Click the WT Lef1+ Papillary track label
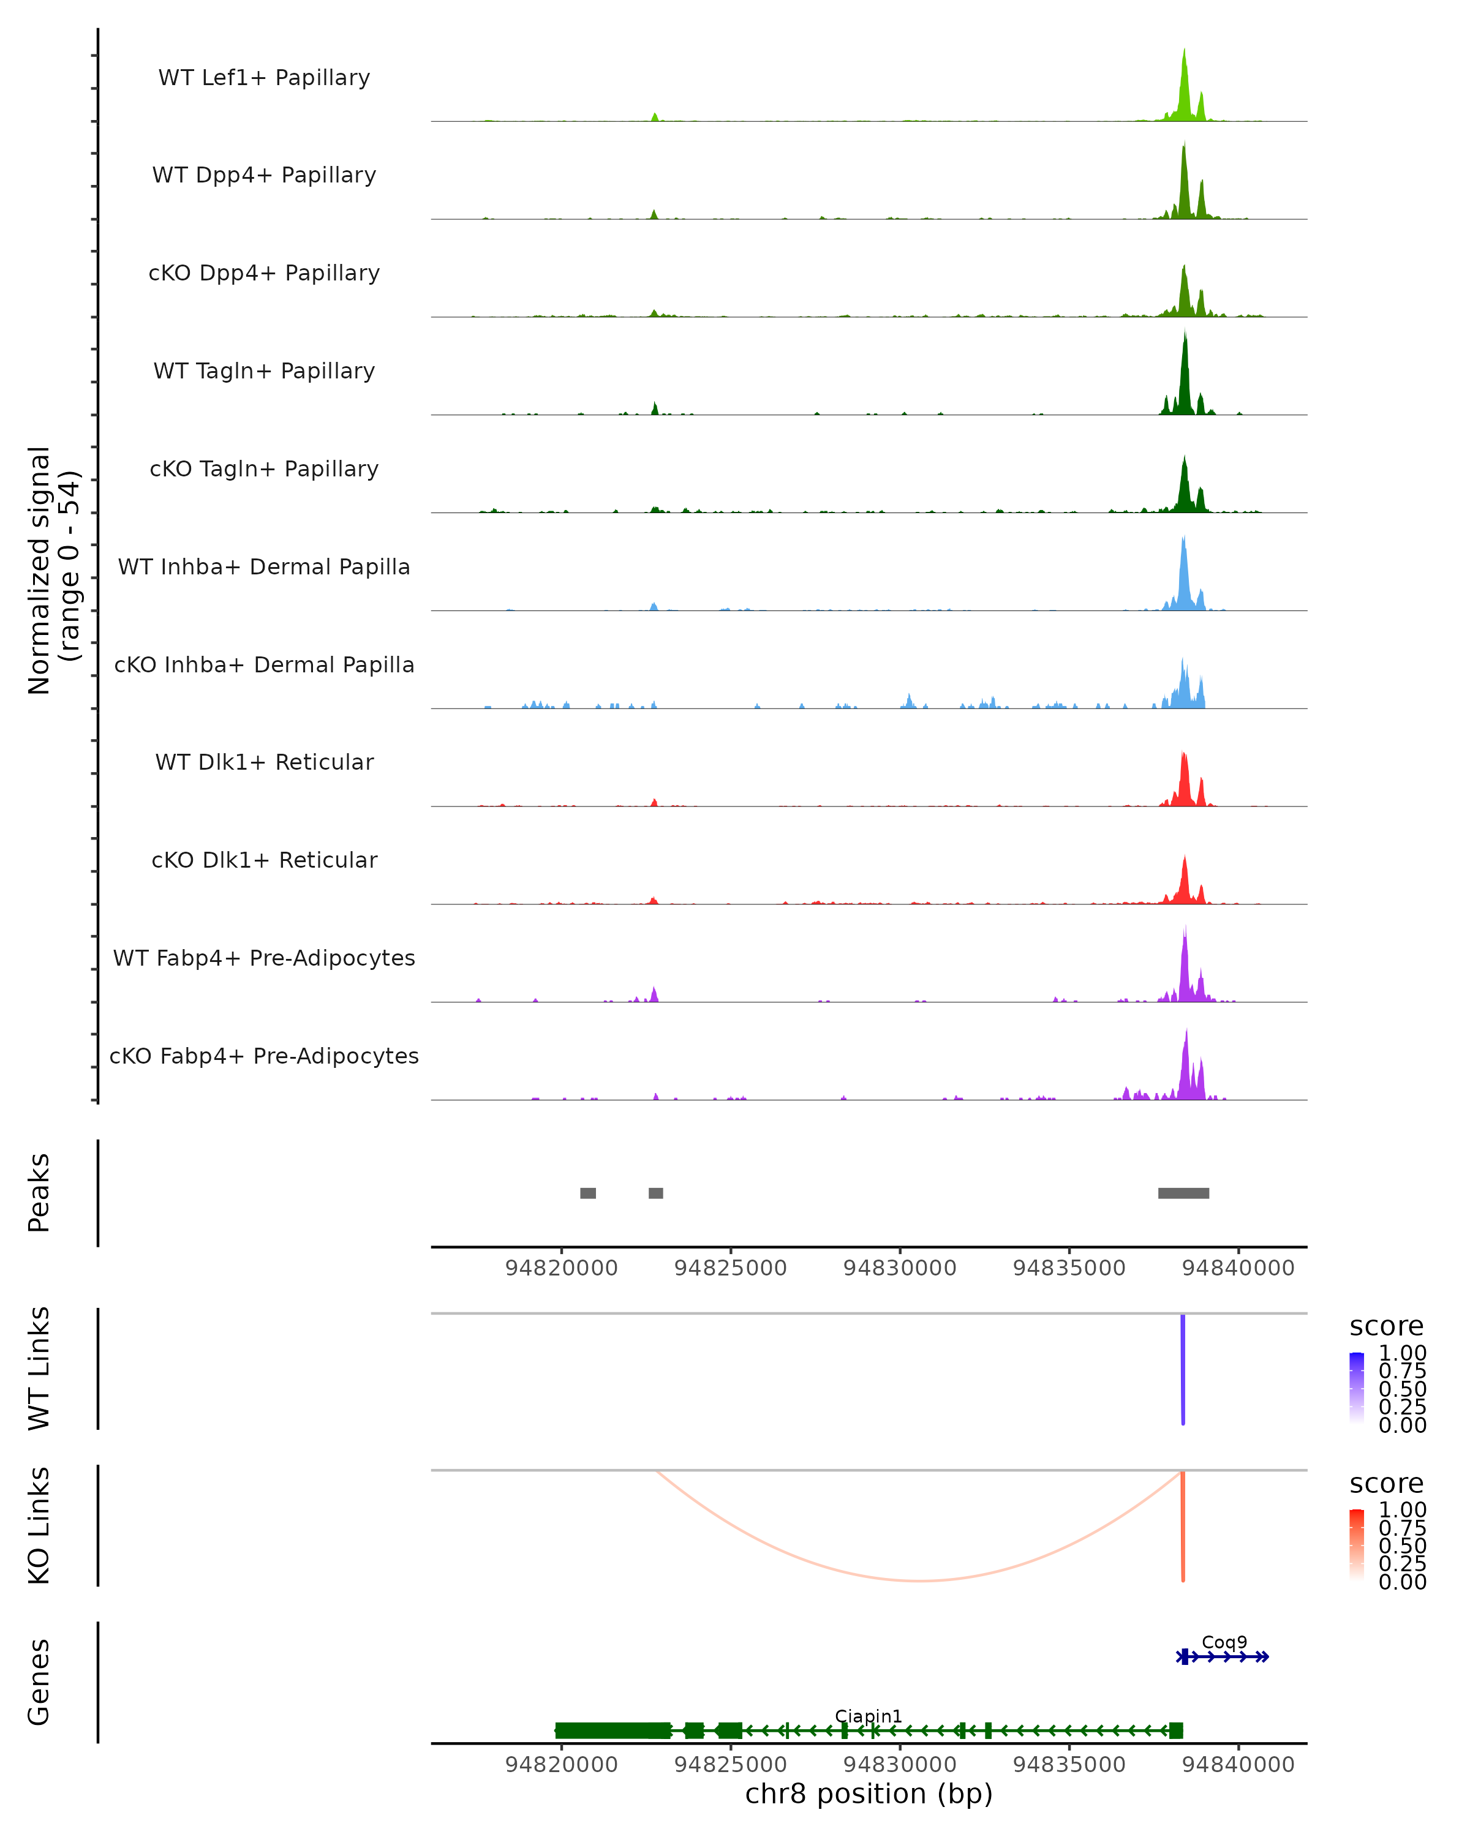tap(264, 78)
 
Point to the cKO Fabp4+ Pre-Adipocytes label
tap(264, 1056)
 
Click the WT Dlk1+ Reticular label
tap(264, 762)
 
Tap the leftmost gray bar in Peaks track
tap(588, 1193)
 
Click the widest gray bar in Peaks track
tap(1184, 1193)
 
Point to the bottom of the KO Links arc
tap(919, 1580)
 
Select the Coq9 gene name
tap(1224, 1642)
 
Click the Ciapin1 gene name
tap(869, 1716)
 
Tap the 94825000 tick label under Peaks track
tap(730, 1268)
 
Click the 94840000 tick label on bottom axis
tap(1238, 1765)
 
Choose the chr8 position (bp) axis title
tap(869, 1794)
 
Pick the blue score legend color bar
tap(1357, 1387)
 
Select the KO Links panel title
tap(39, 1525)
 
